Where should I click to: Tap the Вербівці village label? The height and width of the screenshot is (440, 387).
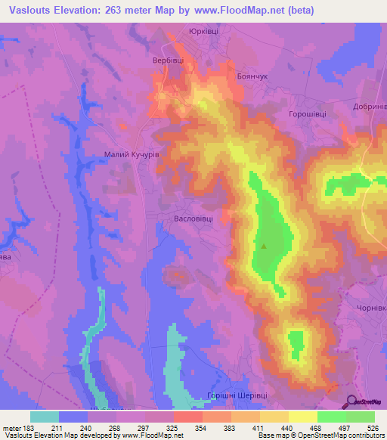(x=166, y=60)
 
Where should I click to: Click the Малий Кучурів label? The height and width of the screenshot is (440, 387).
(x=131, y=153)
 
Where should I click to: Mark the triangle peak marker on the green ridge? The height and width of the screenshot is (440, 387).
(x=264, y=246)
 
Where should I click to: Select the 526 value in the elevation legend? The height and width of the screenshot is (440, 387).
(x=373, y=427)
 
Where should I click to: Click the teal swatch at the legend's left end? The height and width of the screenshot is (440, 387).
(x=45, y=417)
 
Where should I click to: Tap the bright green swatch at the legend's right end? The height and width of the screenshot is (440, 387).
(x=360, y=417)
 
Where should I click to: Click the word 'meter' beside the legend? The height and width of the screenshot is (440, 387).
(x=12, y=427)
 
